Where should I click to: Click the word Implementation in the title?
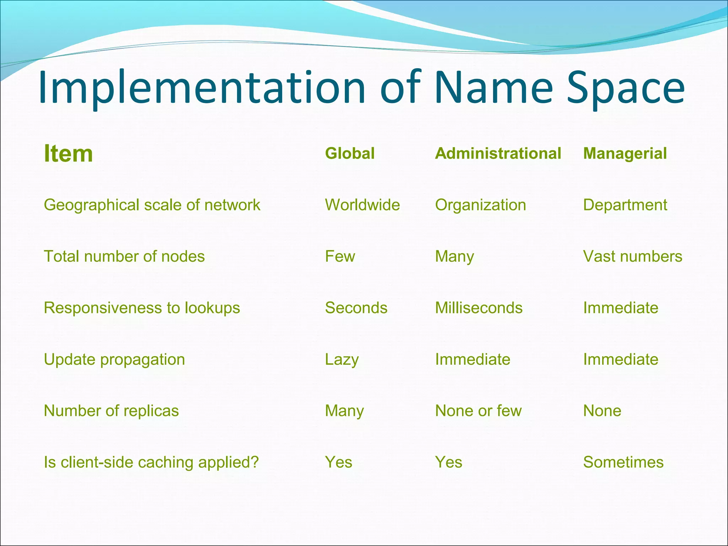(202, 88)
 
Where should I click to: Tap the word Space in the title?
(625, 88)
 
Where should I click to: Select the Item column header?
(68, 154)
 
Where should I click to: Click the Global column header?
(350, 154)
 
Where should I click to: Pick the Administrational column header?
(498, 154)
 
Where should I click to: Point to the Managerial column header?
(625, 154)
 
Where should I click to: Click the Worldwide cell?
(362, 205)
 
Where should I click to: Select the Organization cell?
(480, 205)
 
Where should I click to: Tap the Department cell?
(625, 205)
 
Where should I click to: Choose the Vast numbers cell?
(632, 256)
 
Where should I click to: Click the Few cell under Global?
(340, 256)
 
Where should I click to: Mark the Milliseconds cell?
(479, 308)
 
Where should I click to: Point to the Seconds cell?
(356, 308)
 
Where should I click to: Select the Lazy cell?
(342, 360)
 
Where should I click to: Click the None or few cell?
(478, 411)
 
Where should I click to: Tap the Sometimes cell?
(623, 462)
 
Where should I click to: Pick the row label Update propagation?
(114, 360)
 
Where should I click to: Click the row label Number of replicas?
(111, 411)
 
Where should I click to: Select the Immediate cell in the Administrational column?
(472, 359)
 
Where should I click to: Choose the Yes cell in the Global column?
(338, 462)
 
